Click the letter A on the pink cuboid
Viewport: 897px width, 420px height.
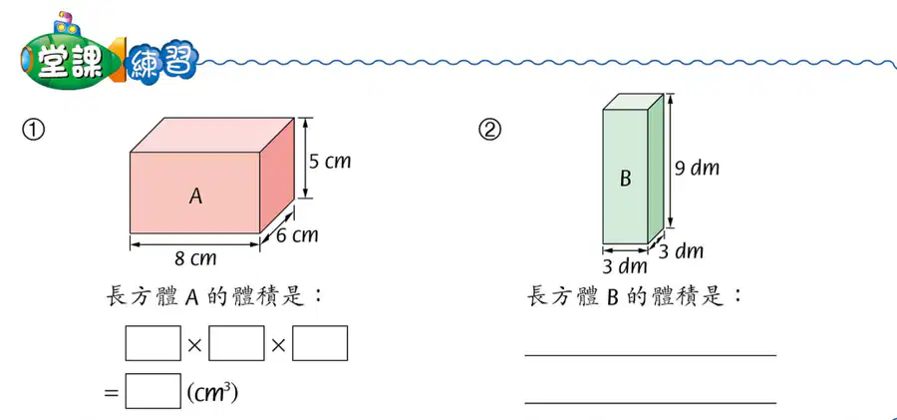(x=195, y=198)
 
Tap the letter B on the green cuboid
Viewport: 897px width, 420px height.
(x=625, y=179)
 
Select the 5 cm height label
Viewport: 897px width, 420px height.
(x=330, y=162)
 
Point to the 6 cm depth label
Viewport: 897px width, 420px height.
(x=297, y=234)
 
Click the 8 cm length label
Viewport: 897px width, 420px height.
(x=195, y=258)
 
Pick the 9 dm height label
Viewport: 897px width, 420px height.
(x=697, y=169)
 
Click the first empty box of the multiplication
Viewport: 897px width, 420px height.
(x=152, y=343)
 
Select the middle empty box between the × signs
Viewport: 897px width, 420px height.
(x=236, y=343)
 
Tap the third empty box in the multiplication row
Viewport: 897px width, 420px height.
(x=320, y=343)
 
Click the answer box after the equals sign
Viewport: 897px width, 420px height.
(x=152, y=391)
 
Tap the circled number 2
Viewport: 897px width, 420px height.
(x=489, y=131)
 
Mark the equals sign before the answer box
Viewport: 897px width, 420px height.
(x=111, y=393)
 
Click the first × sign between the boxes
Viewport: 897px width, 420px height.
(x=194, y=345)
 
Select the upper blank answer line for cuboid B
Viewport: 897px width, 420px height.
(x=651, y=355)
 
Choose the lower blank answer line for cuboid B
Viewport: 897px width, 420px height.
(x=651, y=403)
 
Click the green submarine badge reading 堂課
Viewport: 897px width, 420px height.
(x=68, y=57)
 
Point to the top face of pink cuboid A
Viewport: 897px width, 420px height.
(x=212, y=136)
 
